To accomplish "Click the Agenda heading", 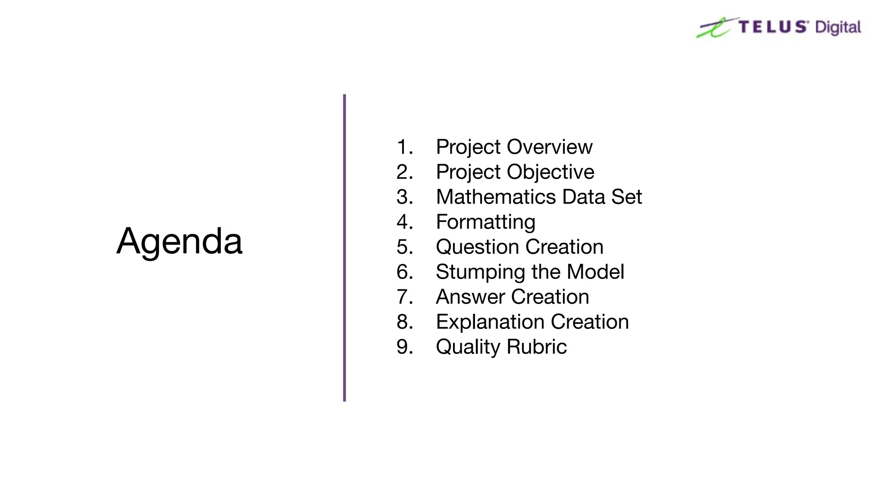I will click(x=179, y=242).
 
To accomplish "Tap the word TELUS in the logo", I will click(x=773, y=27).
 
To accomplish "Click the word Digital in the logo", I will click(x=838, y=28).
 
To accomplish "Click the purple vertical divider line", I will click(x=345, y=248).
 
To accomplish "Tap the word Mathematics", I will click(x=496, y=197).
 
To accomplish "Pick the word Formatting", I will click(x=485, y=222).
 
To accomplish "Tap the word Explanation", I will click(x=490, y=322).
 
